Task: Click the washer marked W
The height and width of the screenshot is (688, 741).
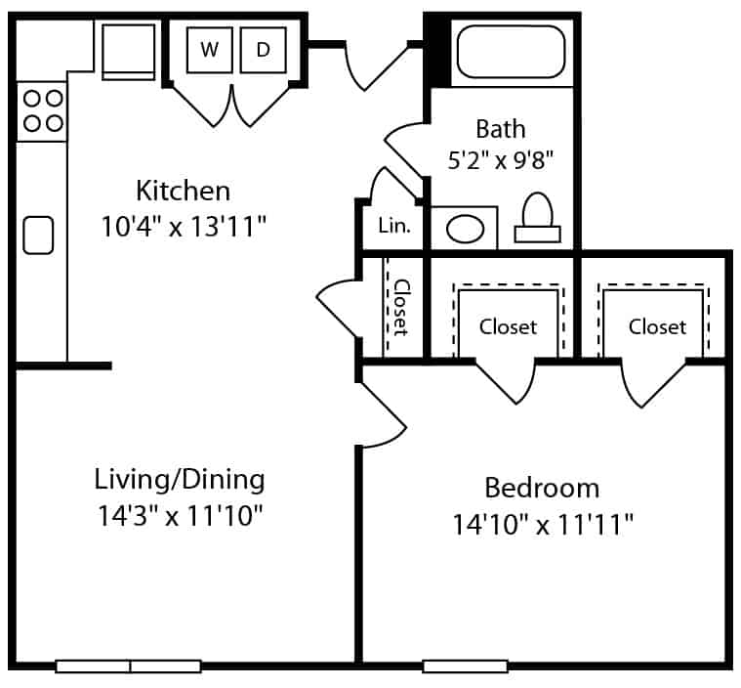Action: pos(209,50)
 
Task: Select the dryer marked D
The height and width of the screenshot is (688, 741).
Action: pos(264,50)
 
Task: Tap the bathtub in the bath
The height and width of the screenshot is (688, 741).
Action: pos(511,52)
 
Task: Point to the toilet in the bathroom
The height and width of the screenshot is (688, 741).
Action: pos(538,218)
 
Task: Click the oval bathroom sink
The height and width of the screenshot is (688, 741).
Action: pos(465,229)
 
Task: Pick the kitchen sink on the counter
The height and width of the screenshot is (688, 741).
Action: pos(38,236)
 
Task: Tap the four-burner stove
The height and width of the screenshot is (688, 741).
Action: pos(42,111)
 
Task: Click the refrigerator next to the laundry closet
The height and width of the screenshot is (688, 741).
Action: pos(129,52)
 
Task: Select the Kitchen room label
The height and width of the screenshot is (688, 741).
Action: pos(184,191)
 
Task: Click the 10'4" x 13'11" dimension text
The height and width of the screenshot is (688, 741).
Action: pos(184,226)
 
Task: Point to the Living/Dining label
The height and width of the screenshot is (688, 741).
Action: pos(180,480)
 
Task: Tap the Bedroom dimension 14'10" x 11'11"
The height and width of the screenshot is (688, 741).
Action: pos(543,524)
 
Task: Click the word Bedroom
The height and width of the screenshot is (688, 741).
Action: pos(542,488)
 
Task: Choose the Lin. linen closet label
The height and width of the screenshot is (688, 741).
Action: pos(394,226)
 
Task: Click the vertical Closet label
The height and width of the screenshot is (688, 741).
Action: pos(401,308)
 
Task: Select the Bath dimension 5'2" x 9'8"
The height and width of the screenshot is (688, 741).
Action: pos(501,160)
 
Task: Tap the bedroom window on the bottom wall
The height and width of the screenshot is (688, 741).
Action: pos(465,666)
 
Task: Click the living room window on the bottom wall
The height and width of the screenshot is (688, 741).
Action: pos(129,666)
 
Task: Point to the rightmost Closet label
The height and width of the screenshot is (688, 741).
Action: pos(657,327)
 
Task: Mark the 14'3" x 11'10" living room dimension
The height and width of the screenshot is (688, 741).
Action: pos(180,515)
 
